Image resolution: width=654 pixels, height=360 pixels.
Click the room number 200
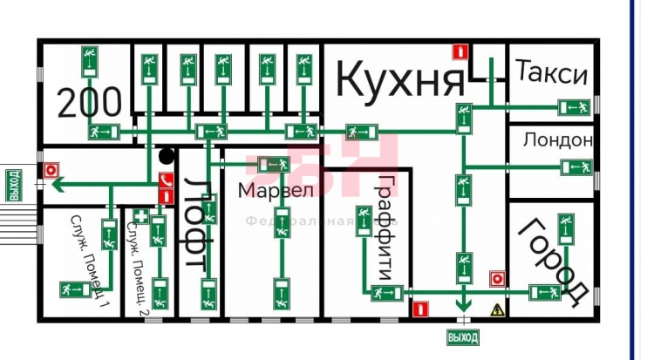[x=90, y=102]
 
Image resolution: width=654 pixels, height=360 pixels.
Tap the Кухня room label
[x=399, y=80]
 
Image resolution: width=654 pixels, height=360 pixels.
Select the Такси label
[x=550, y=75]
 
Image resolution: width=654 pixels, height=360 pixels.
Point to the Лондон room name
[x=558, y=139]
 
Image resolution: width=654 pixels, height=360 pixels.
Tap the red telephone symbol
[x=166, y=181]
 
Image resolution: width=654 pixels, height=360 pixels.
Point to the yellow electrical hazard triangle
[x=499, y=308]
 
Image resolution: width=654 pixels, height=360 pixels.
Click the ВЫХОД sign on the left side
[x=13, y=185]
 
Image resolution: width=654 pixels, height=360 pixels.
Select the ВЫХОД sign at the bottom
[x=462, y=336]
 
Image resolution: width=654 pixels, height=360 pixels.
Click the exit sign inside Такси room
[x=574, y=107]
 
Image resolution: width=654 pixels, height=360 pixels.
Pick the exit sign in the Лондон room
[x=578, y=166]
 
